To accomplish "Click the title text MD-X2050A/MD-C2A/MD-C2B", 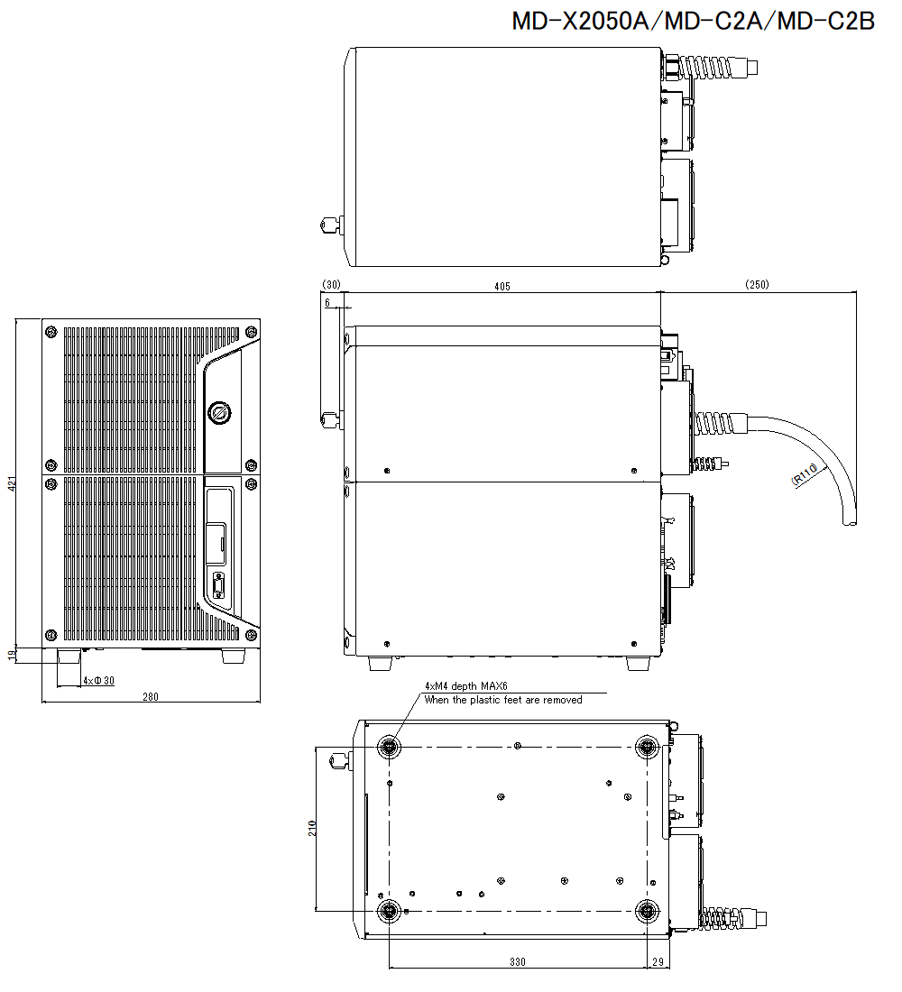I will [x=693, y=22].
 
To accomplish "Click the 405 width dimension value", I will [x=502, y=286].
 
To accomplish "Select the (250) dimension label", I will [x=757, y=286].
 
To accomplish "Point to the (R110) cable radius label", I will [x=805, y=475].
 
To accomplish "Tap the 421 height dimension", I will [x=13, y=484].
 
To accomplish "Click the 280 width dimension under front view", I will [x=150, y=696].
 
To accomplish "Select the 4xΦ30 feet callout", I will [x=98, y=680].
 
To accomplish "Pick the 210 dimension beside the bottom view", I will [x=312, y=828].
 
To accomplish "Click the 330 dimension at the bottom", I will [x=517, y=962].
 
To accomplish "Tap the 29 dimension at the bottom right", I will [x=658, y=962].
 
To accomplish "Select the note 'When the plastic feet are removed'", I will [x=503, y=700].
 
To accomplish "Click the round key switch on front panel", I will [x=219, y=414].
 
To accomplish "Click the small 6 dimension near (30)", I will [x=327, y=304].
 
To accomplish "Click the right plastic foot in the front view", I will [x=233, y=657].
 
